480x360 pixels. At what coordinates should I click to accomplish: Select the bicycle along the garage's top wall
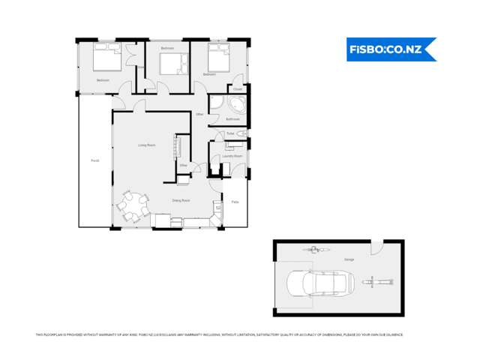pyautogui.click(x=315, y=248)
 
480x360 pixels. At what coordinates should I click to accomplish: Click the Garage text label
pyautogui.click(x=349, y=259)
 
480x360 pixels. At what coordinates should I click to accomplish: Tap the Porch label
pyautogui.click(x=94, y=160)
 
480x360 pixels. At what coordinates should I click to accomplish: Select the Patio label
pyautogui.click(x=235, y=202)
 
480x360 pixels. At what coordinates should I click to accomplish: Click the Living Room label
pyautogui.click(x=146, y=145)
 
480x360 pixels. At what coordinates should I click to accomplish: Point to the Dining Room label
pyautogui.click(x=181, y=201)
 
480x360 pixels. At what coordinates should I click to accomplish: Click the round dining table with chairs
pyautogui.click(x=132, y=206)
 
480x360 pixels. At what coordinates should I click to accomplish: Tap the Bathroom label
pyautogui.click(x=232, y=119)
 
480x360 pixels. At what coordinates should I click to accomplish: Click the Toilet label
pyautogui.click(x=230, y=133)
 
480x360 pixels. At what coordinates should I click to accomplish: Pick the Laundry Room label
pyautogui.click(x=232, y=156)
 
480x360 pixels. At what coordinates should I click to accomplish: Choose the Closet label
pyautogui.click(x=237, y=89)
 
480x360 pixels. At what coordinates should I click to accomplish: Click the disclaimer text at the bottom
pyautogui.click(x=219, y=334)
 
